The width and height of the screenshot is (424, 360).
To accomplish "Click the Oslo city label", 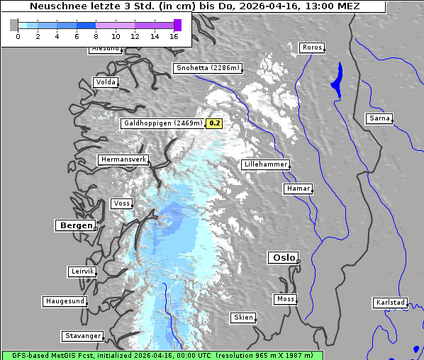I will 284,257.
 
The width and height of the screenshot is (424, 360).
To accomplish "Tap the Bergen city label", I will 75,225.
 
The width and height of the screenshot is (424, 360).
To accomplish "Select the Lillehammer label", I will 266,164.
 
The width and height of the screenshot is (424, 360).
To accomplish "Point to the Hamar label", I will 297,189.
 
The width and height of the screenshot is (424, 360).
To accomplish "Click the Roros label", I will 312,47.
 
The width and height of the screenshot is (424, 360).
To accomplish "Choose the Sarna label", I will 379,118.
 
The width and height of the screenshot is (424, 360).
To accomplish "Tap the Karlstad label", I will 390,303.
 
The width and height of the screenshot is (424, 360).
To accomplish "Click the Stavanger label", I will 82,336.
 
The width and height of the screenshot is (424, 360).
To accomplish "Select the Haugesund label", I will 65,301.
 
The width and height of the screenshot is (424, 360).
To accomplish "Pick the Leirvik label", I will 82,271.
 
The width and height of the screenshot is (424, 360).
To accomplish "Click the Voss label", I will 121,203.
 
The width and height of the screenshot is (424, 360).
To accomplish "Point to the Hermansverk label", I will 123,159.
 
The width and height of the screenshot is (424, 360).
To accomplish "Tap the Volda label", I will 105,82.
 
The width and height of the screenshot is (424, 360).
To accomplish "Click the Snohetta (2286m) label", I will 208,68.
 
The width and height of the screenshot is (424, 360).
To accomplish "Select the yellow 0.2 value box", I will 214,123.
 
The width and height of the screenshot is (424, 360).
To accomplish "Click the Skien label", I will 243,317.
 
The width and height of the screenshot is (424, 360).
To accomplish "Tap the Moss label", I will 285,299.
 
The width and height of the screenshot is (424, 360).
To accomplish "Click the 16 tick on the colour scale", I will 174,36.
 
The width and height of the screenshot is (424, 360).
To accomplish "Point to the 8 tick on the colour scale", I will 96,36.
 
